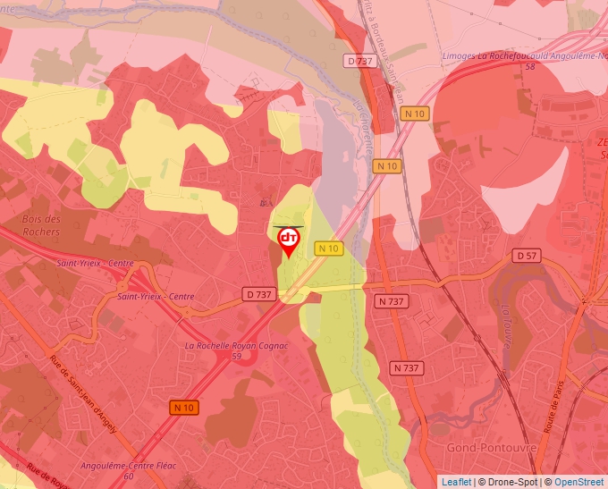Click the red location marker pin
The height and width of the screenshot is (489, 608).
(x=289, y=240)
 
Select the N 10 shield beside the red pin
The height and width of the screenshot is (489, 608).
(x=329, y=249)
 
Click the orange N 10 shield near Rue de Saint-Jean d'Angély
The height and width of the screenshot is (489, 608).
(x=183, y=408)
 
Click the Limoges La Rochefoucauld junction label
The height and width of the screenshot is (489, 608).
(x=523, y=55)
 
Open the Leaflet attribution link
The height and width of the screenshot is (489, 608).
(x=456, y=482)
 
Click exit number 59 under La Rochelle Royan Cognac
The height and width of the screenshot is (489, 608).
(x=236, y=356)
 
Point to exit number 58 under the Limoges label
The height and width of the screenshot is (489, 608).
(x=530, y=66)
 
